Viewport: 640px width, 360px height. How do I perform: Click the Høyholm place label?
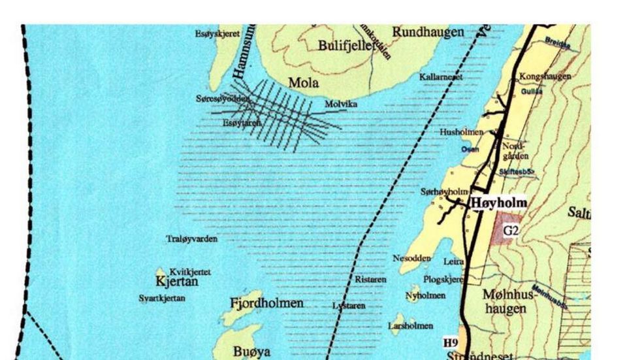(x=499, y=203)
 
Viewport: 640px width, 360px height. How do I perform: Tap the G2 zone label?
(x=510, y=230)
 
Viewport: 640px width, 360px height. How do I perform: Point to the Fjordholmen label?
(x=266, y=303)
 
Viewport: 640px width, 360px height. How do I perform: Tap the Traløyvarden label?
(x=192, y=239)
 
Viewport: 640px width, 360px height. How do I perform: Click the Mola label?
(x=303, y=84)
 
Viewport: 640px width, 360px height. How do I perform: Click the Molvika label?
(x=341, y=104)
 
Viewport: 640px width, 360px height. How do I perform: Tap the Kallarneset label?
(x=441, y=77)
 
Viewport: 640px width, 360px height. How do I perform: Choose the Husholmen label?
(x=461, y=132)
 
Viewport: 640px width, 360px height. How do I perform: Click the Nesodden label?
(x=411, y=258)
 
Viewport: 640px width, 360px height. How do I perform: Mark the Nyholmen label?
(x=425, y=295)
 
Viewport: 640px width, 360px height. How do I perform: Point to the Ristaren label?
(x=370, y=279)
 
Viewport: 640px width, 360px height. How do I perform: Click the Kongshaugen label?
(x=545, y=76)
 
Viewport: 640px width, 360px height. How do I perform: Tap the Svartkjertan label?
(x=162, y=298)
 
